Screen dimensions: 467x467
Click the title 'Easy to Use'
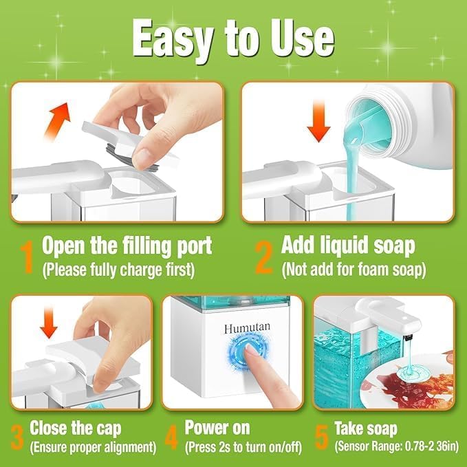pyautogui.click(x=233, y=39)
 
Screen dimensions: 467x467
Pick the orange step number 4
pyautogui.click(x=173, y=437)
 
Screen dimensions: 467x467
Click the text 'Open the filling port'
pyautogui.click(x=127, y=246)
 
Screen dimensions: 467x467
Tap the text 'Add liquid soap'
pyautogui.click(x=348, y=246)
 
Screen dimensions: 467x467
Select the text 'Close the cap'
pyautogui.click(x=75, y=428)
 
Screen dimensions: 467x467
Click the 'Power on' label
pyautogui.click(x=217, y=428)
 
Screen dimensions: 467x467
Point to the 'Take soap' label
pyautogui.click(x=365, y=428)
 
